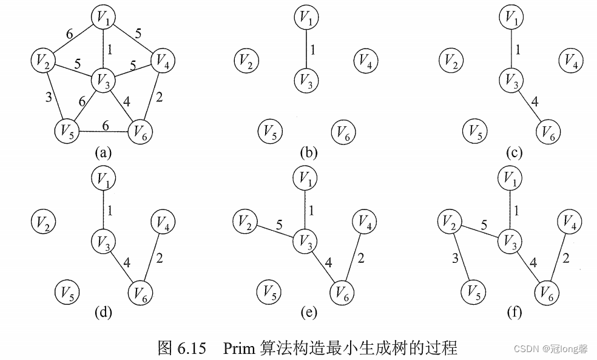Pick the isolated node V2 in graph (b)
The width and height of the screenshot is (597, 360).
click(246, 60)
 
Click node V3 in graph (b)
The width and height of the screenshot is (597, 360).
click(306, 80)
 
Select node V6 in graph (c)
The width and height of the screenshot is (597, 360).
click(548, 131)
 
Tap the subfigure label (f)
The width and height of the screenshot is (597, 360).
click(514, 313)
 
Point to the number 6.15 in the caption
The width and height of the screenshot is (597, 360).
click(194, 348)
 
